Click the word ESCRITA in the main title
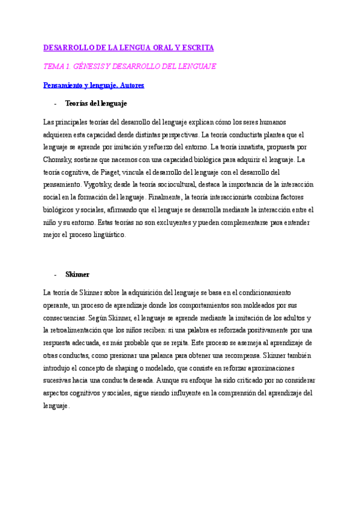(x=198, y=47)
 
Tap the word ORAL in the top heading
(x=157, y=47)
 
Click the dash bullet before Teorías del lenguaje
(x=55, y=103)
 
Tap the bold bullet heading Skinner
(x=77, y=274)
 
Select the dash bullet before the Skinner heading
(x=55, y=274)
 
